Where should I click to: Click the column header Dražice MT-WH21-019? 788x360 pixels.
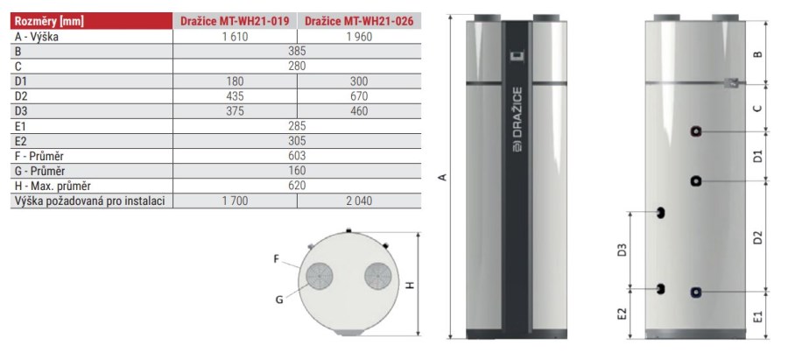click(235, 21)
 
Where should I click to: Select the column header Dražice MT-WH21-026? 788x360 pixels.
click(359, 21)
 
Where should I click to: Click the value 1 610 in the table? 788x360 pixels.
click(235, 37)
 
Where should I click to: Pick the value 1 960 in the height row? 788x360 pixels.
click(359, 37)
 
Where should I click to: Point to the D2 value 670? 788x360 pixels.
click(359, 96)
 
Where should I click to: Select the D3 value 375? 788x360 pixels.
click(235, 111)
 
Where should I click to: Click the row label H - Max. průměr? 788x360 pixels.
click(53, 186)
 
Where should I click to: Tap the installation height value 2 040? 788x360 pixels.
click(359, 201)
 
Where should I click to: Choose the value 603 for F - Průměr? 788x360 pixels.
click(297, 156)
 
